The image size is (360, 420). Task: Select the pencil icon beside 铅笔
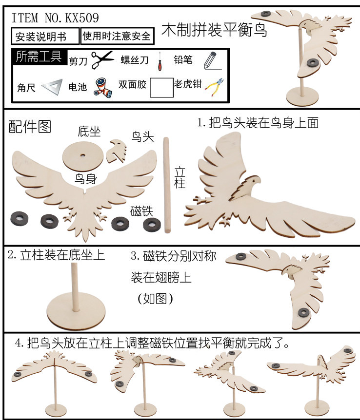point(209,60)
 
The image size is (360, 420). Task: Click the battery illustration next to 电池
point(102,87)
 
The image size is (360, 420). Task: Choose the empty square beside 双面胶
point(161,88)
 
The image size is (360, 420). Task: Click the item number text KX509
point(78,19)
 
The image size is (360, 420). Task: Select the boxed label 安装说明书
point(45,36)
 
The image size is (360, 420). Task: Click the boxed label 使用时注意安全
point(117,36)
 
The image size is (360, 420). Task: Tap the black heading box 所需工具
point(39,57)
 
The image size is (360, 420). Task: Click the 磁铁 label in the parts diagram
point(142,211)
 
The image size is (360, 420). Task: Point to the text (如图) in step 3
point(156,298)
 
